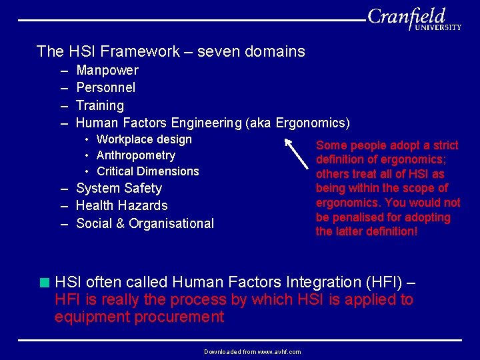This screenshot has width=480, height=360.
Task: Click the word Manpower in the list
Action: pos(107,70)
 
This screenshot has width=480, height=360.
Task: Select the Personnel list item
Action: pos(105,87)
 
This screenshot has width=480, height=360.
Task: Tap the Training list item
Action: pos(100,105)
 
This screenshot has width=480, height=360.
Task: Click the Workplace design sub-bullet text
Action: pos(144,139)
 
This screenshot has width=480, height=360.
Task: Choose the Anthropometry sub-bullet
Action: pos(135,155)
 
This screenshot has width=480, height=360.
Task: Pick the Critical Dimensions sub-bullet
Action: pos(147,171)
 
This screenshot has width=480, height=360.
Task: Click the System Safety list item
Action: pos(119,189)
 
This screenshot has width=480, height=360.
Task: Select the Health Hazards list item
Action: pos(121,206)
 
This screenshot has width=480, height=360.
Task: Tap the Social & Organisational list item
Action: pos(145,223)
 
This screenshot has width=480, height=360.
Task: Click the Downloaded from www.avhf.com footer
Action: pos(252,351)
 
